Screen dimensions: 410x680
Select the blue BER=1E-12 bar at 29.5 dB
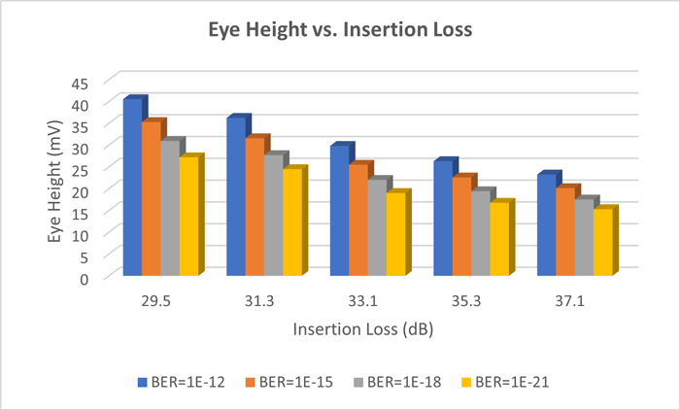(x=132, y=189)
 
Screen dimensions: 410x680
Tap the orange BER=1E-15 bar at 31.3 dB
(x=255, y=209)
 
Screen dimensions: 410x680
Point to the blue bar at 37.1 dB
(x=547, y=226)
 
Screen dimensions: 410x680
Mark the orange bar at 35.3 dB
(x=463, y=228)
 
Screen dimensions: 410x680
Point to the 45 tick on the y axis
(x=80, y=83)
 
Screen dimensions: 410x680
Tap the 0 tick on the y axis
(x=85, y=278)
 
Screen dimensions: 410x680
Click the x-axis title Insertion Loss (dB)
(x=362, y=329)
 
